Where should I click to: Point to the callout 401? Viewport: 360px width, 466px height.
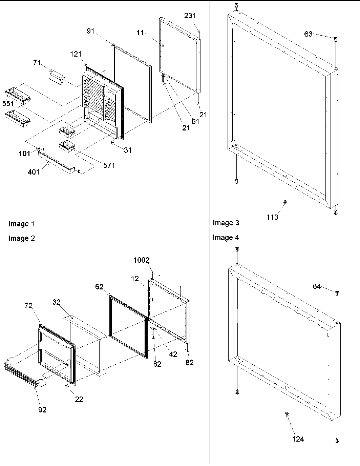[34, 172]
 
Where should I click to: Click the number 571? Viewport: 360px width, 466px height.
[109, 165]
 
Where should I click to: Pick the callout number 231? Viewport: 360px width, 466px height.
[190, 16]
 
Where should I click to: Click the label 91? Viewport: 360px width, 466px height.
[90, 31]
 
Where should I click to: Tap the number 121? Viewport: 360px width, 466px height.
[76, 54]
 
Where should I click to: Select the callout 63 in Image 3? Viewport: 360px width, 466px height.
[308, 34]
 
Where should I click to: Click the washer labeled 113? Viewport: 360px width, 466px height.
[285, 202]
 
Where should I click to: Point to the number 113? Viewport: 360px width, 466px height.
[272, 217]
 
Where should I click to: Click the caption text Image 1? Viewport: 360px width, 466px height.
[21, 224]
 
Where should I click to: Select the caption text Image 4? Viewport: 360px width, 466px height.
[226, 238]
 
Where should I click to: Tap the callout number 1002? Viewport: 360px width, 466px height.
[141, 260]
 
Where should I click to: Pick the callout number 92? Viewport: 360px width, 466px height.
[42, 410]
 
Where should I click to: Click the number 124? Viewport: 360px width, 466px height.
[298, 439]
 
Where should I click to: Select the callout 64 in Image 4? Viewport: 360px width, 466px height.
[316, 287]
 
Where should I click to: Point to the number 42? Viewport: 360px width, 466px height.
[173, 354]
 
